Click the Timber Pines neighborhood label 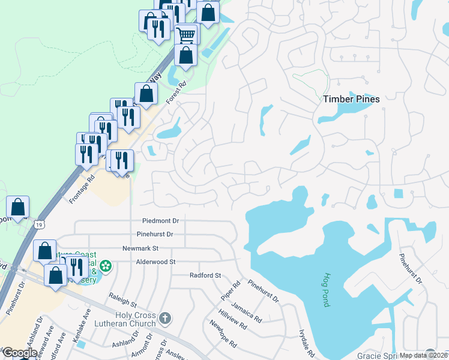351,99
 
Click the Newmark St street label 139,248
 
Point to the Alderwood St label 155,262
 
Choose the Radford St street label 205,275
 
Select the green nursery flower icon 106,265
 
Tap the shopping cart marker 186,35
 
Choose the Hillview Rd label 232,319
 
